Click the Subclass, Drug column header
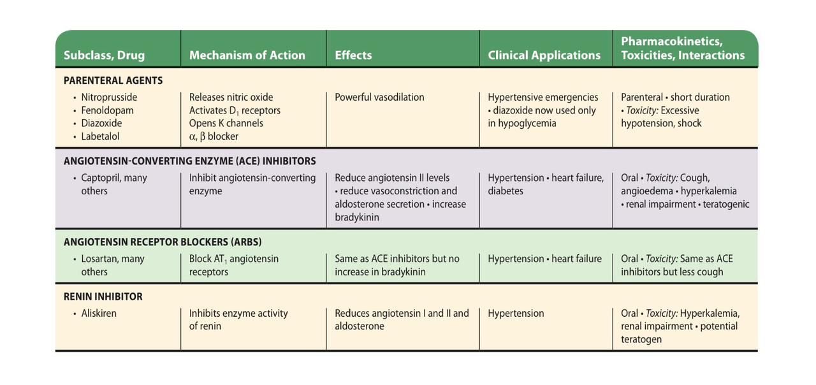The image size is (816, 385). tap(104, 55)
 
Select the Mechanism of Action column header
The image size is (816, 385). tap(247, 55)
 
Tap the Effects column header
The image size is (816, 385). tap(353, 55)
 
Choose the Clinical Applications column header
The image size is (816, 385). tap(544, 55)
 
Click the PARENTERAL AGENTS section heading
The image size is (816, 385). tap(113, 81)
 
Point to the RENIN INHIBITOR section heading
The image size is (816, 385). tap(103, 296)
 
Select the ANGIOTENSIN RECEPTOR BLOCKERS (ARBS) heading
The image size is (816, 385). tap(163, 242)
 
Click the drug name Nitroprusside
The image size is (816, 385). tap(109, 98)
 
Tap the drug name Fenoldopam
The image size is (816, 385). tap(107, 110)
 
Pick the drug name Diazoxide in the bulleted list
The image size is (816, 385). tap(101, 123)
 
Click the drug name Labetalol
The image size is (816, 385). tap(100, 136)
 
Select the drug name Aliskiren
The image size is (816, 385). tap(99, 314)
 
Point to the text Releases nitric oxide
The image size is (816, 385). tap(231, 98)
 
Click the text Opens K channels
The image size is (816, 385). tap(226, 123)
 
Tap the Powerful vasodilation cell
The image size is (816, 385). tap(379, 98)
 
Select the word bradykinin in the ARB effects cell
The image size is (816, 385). tap(404, 272)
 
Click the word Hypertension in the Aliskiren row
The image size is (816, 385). tap(516, 314)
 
